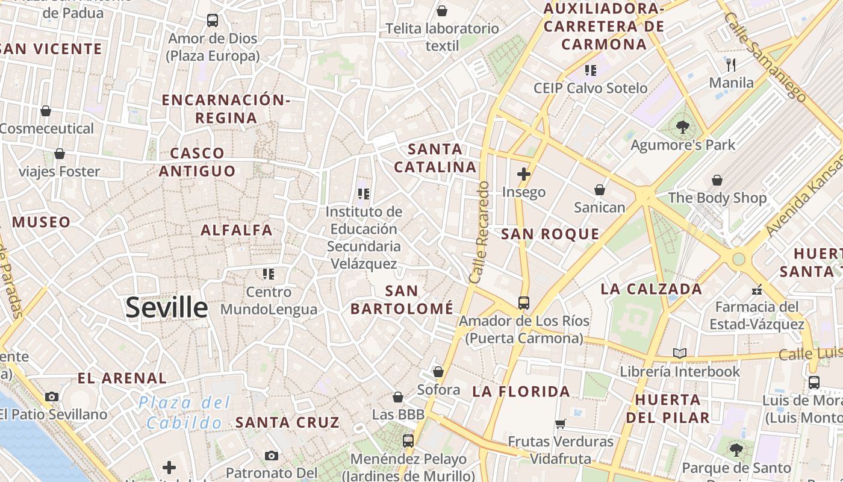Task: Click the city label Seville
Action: [167, 308]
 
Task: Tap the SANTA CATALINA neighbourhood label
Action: [435, 158]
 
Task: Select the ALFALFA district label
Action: [237, 230]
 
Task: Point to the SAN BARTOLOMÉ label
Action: [402, 300]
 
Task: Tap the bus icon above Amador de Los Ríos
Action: [524, 302]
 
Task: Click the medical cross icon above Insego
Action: [524, 175]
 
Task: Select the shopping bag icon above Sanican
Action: [600, 190]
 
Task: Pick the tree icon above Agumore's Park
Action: [683, 127]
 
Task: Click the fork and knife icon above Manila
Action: [731, 65]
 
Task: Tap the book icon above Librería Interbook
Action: [680, 354]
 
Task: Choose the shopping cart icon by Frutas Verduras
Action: [561, 424]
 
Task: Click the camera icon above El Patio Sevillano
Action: [52, 396]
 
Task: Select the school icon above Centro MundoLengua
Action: [269, 274]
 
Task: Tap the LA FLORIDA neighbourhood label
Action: [521, 392]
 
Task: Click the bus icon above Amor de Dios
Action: [213, 20]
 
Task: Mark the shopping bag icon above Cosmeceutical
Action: [46, 111]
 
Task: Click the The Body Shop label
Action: [717, 198]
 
